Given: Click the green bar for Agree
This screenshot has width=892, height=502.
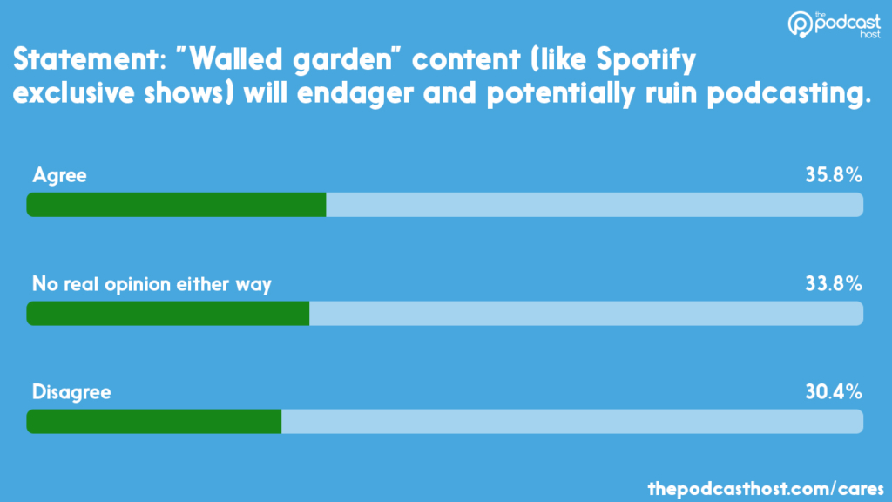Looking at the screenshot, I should pyautogui.click(x=176, y=205).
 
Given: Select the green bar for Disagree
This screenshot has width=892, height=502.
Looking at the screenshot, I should pyautogui.click(x=154, y=421).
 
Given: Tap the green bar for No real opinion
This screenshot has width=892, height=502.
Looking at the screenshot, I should pyautogui.click(x=168, y=313).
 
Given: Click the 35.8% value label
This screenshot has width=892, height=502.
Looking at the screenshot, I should pyautogui.click(x=834, y=175).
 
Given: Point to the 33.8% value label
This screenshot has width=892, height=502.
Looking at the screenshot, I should pyautogui.click(x=834, y=283).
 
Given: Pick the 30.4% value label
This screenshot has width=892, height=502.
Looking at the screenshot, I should pyautogui.click(x=834, y=392).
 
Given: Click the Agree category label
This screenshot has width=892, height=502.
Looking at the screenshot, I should pyautogui.click(x=59, y=175).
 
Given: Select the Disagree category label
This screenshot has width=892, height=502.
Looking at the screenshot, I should pyautogui.click(x=71, y=392).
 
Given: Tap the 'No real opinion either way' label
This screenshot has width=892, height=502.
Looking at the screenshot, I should pyautogui.click(x=152, y=283).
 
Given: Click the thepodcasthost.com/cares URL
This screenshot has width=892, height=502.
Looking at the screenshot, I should pyautogui.click(x=767, y=485).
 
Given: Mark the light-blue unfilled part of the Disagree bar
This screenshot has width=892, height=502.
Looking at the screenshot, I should pyautogui.click(x=571, y=421).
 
